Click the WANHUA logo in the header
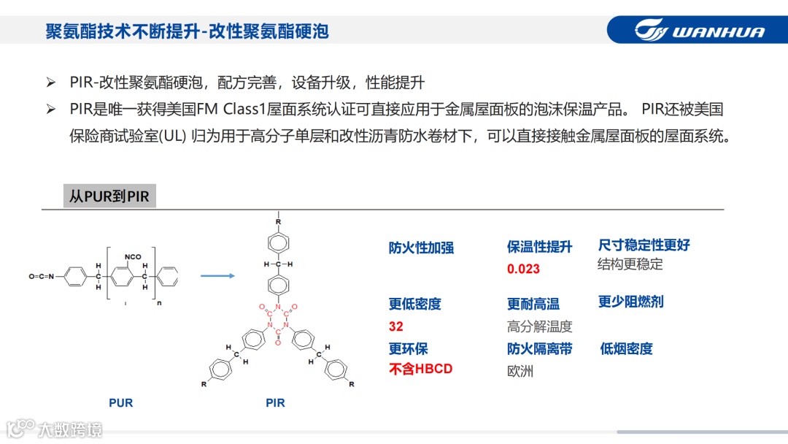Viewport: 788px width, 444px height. pos(699,31)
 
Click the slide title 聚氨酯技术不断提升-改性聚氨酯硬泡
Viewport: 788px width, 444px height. pos(187,31)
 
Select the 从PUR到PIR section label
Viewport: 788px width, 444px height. pos(109,197)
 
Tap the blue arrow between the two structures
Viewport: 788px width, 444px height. pos(217,276)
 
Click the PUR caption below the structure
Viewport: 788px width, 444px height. pos(121,402)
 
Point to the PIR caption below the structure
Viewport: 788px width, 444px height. pos(275,402)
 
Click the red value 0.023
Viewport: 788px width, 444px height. pos(523,269)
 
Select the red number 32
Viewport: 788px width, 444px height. pos(396,326)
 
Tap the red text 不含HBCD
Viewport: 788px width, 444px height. pos(420,369)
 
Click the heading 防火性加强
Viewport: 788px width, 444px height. pos(421,248)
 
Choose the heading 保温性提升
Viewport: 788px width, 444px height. pos(539,247)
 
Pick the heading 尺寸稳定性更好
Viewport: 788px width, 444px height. pos(644,245)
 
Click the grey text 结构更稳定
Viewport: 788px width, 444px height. pos(630,264)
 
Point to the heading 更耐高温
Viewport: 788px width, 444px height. pos(533,304)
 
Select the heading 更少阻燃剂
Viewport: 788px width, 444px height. pos(630,302)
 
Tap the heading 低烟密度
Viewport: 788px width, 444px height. pos(626,348)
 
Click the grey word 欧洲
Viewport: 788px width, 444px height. pos(520,371)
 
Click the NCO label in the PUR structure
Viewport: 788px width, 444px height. pos(133,257)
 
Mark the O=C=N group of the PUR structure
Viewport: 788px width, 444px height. pos(43,277)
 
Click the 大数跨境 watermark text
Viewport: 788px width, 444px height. pos(70,429)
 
